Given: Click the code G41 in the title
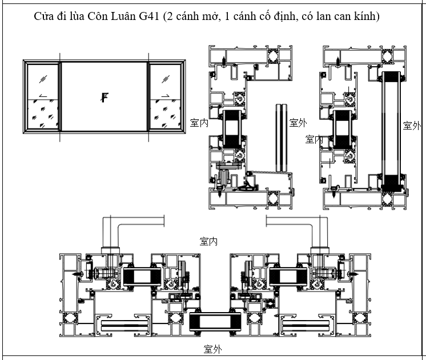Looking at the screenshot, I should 147,16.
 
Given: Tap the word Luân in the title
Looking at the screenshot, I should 119,16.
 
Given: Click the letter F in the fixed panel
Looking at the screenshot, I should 104,97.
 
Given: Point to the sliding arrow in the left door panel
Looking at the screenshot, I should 42,95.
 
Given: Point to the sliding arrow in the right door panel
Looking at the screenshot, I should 165,95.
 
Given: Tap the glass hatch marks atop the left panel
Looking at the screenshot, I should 43,78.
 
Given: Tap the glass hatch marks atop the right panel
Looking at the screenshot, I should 166,78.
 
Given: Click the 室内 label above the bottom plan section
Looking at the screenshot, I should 208,241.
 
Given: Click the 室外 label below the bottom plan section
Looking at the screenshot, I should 212,349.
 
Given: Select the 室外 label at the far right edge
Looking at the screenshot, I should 412,126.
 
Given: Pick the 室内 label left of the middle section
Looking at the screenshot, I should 199,122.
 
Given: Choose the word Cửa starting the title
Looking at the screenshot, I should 43,16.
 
